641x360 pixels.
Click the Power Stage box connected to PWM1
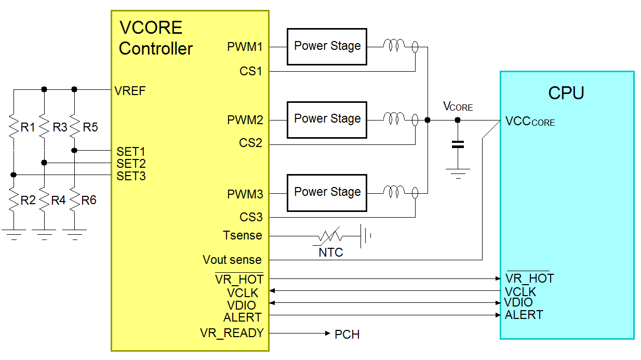327,46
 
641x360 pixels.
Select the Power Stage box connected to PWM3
327,193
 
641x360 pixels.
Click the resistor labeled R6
74,200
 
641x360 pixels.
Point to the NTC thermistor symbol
330,236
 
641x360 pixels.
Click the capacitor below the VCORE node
458,144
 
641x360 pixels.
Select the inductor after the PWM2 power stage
393,119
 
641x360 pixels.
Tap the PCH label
347,335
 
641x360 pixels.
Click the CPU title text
566,93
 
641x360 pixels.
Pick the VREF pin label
130,91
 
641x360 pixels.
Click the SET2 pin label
131,164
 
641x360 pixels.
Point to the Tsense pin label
243,235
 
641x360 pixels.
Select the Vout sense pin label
232,260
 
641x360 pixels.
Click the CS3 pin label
251,217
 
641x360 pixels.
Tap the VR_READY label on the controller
232,333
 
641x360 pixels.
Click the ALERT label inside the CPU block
524,315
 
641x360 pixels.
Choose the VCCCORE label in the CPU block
530,122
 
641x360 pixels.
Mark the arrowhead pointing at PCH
327,333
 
